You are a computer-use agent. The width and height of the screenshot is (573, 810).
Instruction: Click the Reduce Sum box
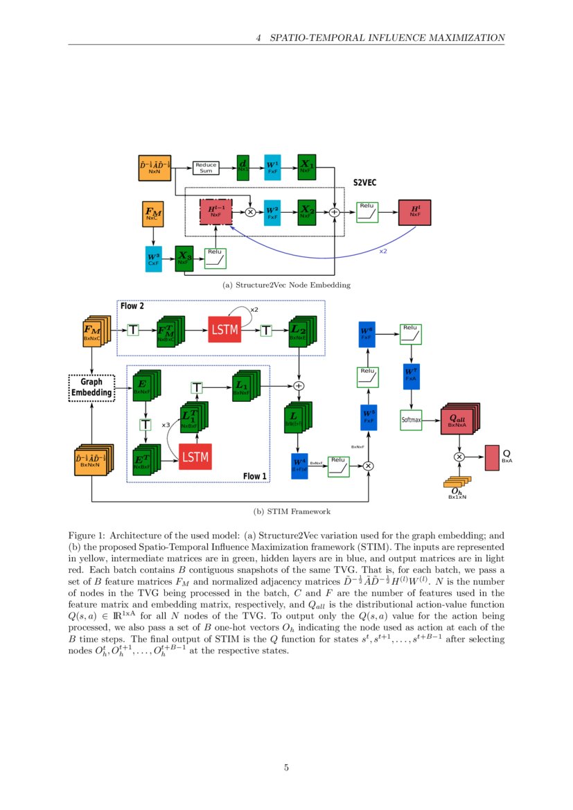coord(206,167)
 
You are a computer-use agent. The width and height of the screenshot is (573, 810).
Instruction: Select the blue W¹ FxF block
coord(272,167)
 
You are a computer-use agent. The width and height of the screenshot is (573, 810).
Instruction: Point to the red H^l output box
coord(414,211)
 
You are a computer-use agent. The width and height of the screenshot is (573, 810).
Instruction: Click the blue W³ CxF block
coord(152,260)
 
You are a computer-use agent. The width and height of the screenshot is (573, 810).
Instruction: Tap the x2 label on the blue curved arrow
coord(382,251)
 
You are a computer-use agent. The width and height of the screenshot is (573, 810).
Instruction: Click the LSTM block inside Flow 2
coord(224,331)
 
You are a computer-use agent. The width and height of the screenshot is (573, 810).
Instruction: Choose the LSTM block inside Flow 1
coord(195,456)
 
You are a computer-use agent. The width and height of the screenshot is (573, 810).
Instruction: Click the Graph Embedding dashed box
coord(91,388)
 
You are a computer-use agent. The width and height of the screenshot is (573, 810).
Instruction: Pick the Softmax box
coord(411,419)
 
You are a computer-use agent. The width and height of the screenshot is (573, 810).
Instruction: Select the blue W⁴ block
coord(299,465)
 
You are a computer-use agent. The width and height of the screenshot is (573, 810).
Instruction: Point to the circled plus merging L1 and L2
coord(299,385)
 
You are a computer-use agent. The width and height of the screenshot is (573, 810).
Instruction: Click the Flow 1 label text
coord(254,476)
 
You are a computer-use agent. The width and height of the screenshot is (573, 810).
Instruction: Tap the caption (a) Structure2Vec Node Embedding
coord(286,285)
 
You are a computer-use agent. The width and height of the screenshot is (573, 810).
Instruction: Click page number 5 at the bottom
coord(286,767)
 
